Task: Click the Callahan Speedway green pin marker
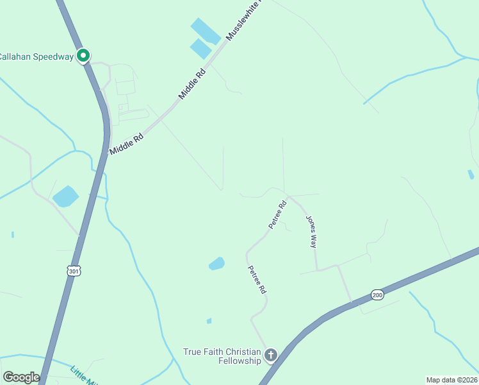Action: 83,56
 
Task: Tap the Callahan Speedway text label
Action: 36,56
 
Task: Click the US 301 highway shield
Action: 74,271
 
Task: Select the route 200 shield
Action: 377,295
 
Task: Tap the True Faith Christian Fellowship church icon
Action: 271,355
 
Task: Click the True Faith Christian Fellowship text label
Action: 222,356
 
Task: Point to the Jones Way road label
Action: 311,232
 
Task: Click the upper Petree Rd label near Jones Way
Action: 277,216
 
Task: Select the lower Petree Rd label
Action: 256,280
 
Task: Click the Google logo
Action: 21,377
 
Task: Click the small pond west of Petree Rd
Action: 216,263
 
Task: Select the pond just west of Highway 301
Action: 65,196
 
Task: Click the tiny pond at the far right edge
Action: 471,174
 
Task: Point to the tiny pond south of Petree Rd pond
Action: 209,321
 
